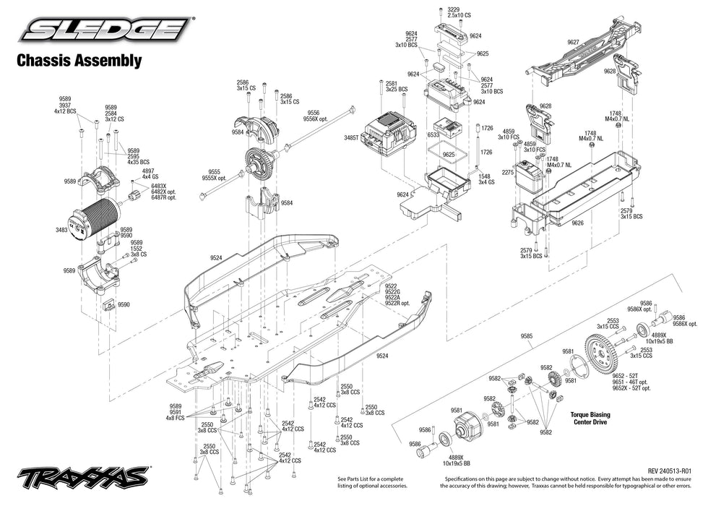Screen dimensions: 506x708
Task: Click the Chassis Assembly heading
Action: (79, 61)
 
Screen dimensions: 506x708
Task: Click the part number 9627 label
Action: (573, 43)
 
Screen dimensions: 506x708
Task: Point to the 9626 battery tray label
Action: (577, 223)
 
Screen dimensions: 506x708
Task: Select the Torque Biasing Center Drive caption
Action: (590, 419)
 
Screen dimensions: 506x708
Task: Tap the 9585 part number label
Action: (526, 335)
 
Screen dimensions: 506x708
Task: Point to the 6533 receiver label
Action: (433, 134)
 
